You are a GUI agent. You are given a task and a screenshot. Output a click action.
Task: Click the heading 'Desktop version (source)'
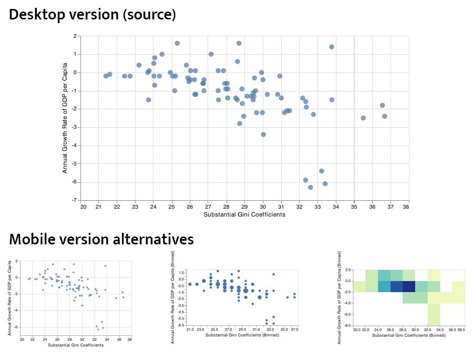coord(92,15)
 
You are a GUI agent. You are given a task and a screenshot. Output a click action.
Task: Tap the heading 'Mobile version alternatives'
coord(101,240)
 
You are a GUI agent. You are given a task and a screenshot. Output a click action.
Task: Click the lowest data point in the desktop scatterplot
coord(311,187)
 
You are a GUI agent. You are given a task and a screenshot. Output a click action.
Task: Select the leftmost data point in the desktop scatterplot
coord(106,76)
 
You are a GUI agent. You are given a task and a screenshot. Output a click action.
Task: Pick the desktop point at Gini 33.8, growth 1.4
coord(332,47)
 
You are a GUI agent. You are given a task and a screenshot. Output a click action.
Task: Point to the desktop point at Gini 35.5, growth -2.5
coord(363,118)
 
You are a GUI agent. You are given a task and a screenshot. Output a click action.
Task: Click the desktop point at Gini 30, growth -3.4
coord(263,135)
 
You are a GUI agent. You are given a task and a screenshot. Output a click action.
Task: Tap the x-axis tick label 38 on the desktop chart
coord(405,207)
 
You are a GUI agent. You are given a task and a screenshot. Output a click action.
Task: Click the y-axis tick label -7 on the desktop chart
coord(75,200)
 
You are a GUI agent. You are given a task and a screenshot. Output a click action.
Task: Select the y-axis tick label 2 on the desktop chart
coord(76,36)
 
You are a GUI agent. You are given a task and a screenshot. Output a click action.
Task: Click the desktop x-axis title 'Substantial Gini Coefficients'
coord(244,214)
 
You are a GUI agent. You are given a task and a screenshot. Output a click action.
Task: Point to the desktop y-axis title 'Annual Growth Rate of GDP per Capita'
coord(65,118)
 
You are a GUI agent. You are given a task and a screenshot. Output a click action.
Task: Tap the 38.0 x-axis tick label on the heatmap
coord(461,330)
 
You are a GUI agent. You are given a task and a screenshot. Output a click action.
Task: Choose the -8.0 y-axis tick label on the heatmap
coord(346,325)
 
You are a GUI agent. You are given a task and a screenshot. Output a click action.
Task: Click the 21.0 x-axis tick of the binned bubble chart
coord(190,330)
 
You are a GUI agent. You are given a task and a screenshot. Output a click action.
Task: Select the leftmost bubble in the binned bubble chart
coord(190,284)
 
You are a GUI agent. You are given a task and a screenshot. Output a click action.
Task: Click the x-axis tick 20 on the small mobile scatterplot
coord(22,340)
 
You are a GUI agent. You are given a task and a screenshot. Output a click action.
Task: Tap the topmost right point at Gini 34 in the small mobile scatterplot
coord(105,266)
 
